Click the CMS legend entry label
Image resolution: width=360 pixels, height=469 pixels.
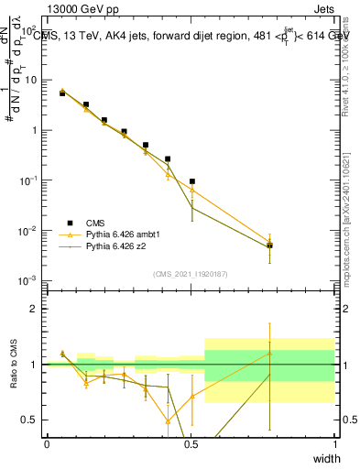pos(94,223)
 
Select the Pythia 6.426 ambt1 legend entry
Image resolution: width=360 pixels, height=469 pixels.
pos(120,234)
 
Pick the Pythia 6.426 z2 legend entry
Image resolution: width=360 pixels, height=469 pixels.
pos(115,246)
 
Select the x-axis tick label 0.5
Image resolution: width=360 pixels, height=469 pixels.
pos(190,444)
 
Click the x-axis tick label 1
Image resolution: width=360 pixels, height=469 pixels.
pos(334,444)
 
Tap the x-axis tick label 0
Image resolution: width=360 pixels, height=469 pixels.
pos(47,444)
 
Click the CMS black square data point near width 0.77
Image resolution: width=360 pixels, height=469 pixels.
pos(269,245)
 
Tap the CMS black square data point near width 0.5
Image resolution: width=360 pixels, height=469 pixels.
pos(192,181)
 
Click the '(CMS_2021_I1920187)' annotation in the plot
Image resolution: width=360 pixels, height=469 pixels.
pos(190,274)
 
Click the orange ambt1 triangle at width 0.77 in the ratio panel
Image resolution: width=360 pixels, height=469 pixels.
pos(269,353)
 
